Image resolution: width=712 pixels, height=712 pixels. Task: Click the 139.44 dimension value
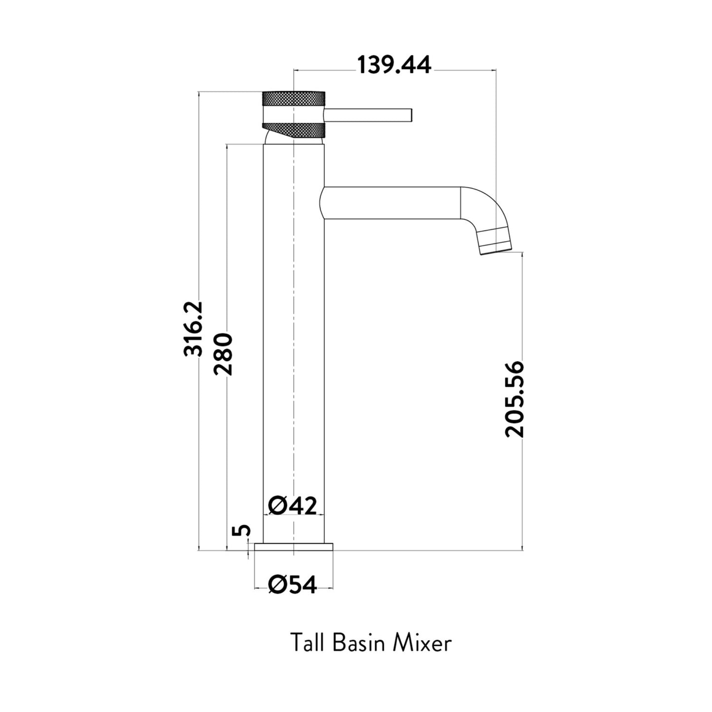point(394,65)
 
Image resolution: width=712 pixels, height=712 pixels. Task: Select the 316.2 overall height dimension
point(193,329)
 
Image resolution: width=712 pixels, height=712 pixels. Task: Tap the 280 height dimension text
point(223,354)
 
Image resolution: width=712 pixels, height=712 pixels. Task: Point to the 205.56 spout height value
point(514,399)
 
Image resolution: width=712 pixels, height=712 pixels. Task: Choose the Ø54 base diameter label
point(293,585)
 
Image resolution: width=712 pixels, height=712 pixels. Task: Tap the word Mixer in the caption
point(422,643)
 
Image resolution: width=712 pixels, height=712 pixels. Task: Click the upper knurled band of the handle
point(294,98)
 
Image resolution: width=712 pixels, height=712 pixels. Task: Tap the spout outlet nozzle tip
point(496,246)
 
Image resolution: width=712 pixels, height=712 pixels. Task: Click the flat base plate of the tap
point(294,547)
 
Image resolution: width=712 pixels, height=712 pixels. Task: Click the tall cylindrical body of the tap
point(294,345)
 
